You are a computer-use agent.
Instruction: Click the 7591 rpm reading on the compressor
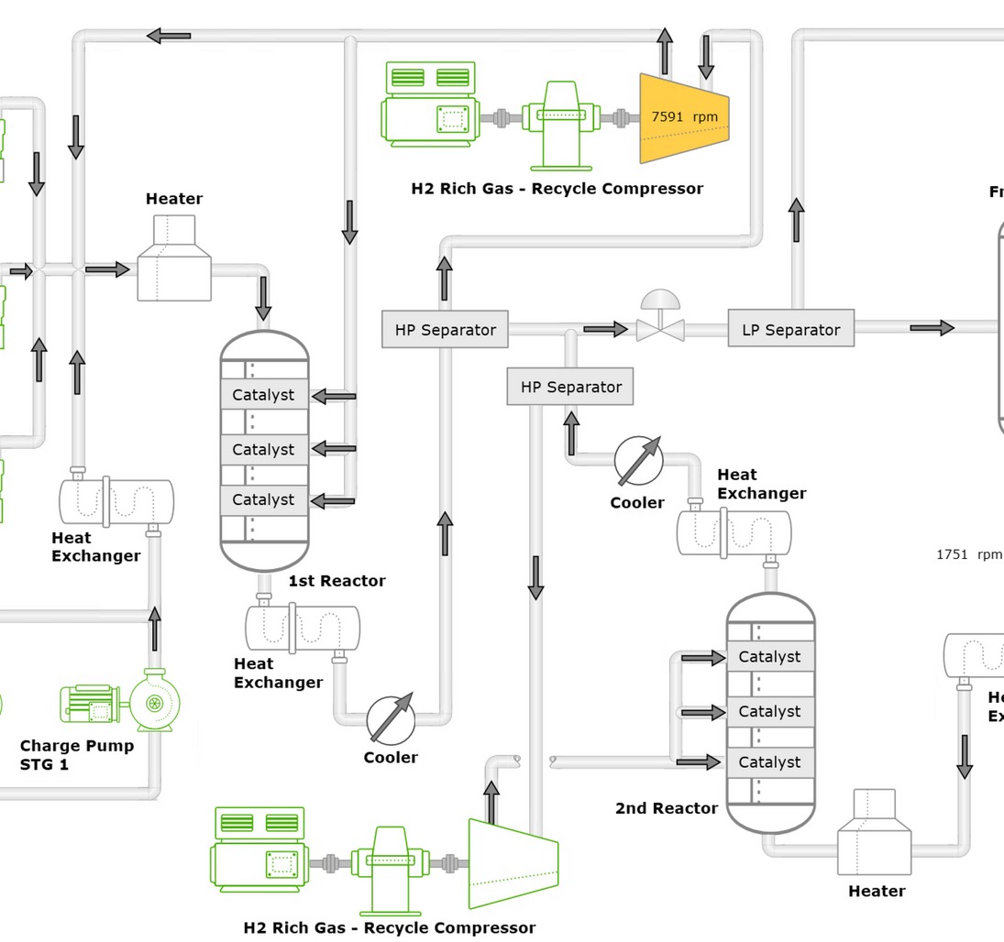(684, 117)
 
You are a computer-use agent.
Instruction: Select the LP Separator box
(790, 330)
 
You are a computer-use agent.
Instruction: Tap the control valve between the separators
(660, 326)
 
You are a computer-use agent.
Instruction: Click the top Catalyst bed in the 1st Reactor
(263, 395)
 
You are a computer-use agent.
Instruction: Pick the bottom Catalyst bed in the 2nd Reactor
(769, 762)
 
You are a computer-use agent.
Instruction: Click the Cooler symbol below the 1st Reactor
(392, 719)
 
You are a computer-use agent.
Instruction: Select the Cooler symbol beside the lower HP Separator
(638, 460)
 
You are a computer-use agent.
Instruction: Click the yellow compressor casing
(684, 117)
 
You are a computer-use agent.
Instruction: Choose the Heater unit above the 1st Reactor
(174, 259)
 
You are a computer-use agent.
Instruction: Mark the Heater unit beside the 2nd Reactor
(874, 834)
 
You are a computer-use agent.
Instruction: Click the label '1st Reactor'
(337, 581)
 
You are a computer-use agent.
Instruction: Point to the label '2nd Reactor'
(666, 808)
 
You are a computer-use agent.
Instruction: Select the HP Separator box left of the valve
(445, 330)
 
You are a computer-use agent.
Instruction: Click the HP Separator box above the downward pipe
(569, 387)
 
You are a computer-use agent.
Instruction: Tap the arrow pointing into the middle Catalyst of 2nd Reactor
(702, 712)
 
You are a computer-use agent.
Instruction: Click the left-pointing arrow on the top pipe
(169, 36)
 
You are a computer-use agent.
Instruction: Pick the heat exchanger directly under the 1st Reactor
(302, 628)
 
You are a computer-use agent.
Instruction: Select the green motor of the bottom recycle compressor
(258, 850)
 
